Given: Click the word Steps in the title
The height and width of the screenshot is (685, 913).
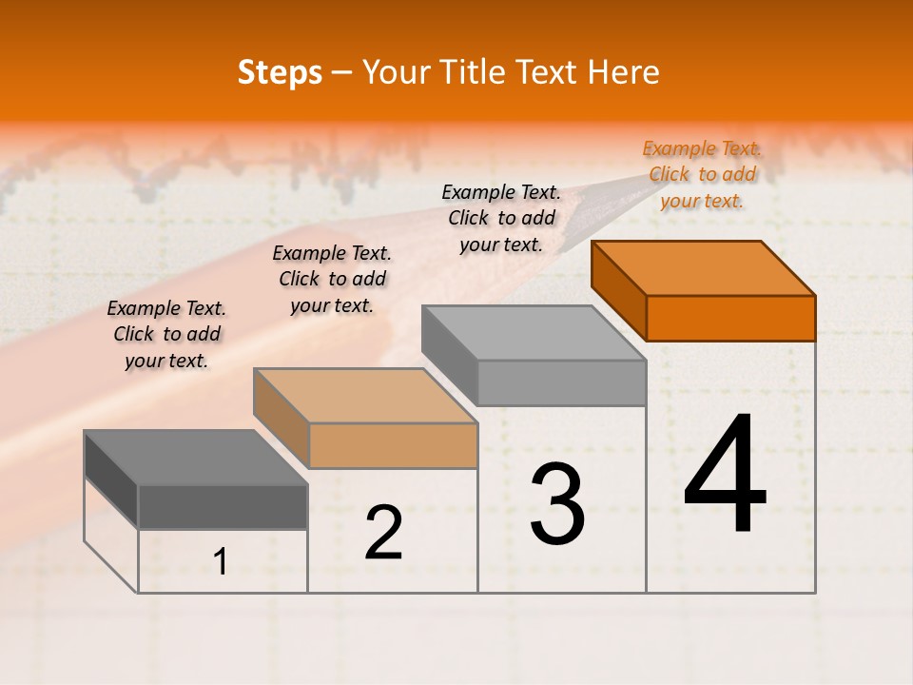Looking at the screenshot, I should pos(280,72).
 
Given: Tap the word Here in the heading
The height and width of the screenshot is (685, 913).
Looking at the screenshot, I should pos(623,72).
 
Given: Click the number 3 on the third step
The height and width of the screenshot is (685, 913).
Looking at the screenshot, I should pos(557,504).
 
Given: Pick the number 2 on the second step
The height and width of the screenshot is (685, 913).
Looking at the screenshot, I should pos(384,533).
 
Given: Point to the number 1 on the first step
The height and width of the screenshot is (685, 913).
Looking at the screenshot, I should pos(221,562).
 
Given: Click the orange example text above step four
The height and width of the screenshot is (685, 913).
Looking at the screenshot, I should pos(702,174).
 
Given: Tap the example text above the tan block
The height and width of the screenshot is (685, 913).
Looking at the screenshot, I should pos(332,279).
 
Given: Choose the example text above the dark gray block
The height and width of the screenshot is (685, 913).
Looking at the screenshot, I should pos(166,334).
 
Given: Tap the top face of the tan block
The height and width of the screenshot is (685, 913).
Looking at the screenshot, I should pos(365,396).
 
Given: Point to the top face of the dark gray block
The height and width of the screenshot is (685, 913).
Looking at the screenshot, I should pos(196,458).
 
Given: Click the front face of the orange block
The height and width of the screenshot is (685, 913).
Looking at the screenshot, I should pos(730,318).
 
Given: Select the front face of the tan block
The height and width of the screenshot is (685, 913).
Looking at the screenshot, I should pos(394,445).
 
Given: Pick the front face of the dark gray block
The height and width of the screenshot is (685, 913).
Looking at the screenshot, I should pos(223,507).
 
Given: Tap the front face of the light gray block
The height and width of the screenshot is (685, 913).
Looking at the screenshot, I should pos(561,382).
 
